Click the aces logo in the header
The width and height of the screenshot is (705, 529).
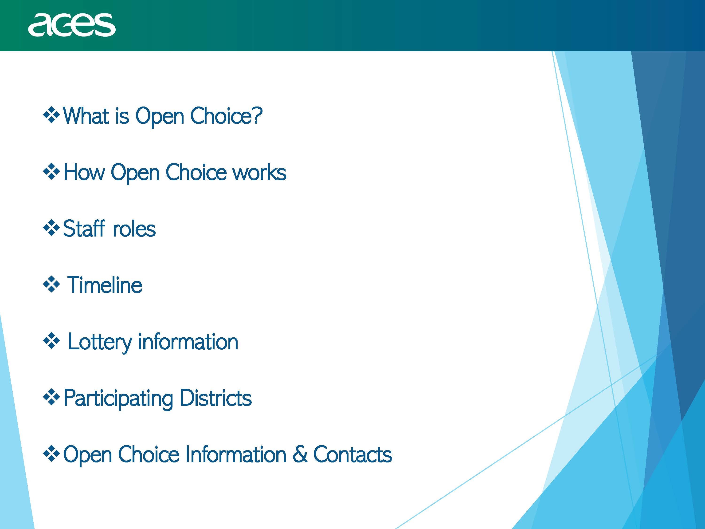click(x=72, y=25)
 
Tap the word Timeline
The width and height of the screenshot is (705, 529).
click(x=105, y=285)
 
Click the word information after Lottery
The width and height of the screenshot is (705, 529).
click(x=188, y=342)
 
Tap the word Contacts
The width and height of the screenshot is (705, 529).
click(x=352, y=454)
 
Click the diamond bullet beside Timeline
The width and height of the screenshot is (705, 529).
click(x=51, y=284)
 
